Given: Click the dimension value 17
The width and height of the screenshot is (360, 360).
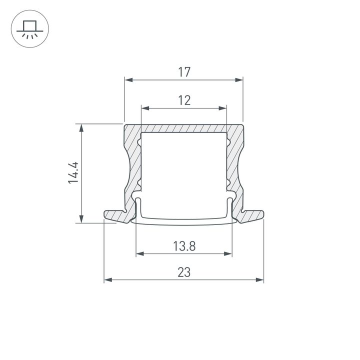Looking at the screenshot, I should pos(184,72).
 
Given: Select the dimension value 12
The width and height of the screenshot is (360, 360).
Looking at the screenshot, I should pos(184,100).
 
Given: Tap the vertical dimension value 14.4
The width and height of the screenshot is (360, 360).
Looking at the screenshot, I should pos(74,172).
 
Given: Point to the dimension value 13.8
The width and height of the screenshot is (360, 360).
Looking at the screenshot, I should pos(184,246).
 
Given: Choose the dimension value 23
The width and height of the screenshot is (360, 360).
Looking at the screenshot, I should pos(184,272).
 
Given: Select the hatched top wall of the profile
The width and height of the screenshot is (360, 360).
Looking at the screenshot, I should pos(184,128).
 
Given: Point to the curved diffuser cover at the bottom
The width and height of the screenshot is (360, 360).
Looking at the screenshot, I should pos(184,220).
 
